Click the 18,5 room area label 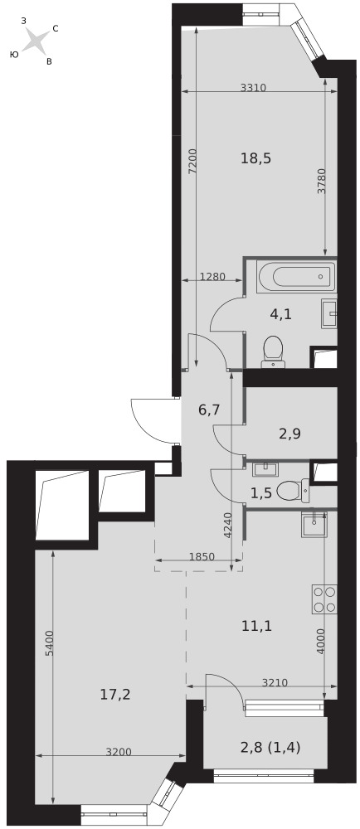tap(255, 158)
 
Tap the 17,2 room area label tap(115, 695)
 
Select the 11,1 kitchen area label tap(256, 627)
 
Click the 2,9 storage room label tap(289, 434)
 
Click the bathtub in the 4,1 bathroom tap(297, 276)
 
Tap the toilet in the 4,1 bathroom tap(273, 351)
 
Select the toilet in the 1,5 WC tap(293, 491)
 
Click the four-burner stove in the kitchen tap(324, 599)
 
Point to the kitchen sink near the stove tap(314, 525)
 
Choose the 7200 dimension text tap(193, 162)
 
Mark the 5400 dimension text tap(49, 643)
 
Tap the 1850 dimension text tap(202, 556)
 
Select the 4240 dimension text tap(227, 525)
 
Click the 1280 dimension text tap(213, 276)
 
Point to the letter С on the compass tap(56, 28)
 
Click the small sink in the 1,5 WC tap(263, 469)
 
